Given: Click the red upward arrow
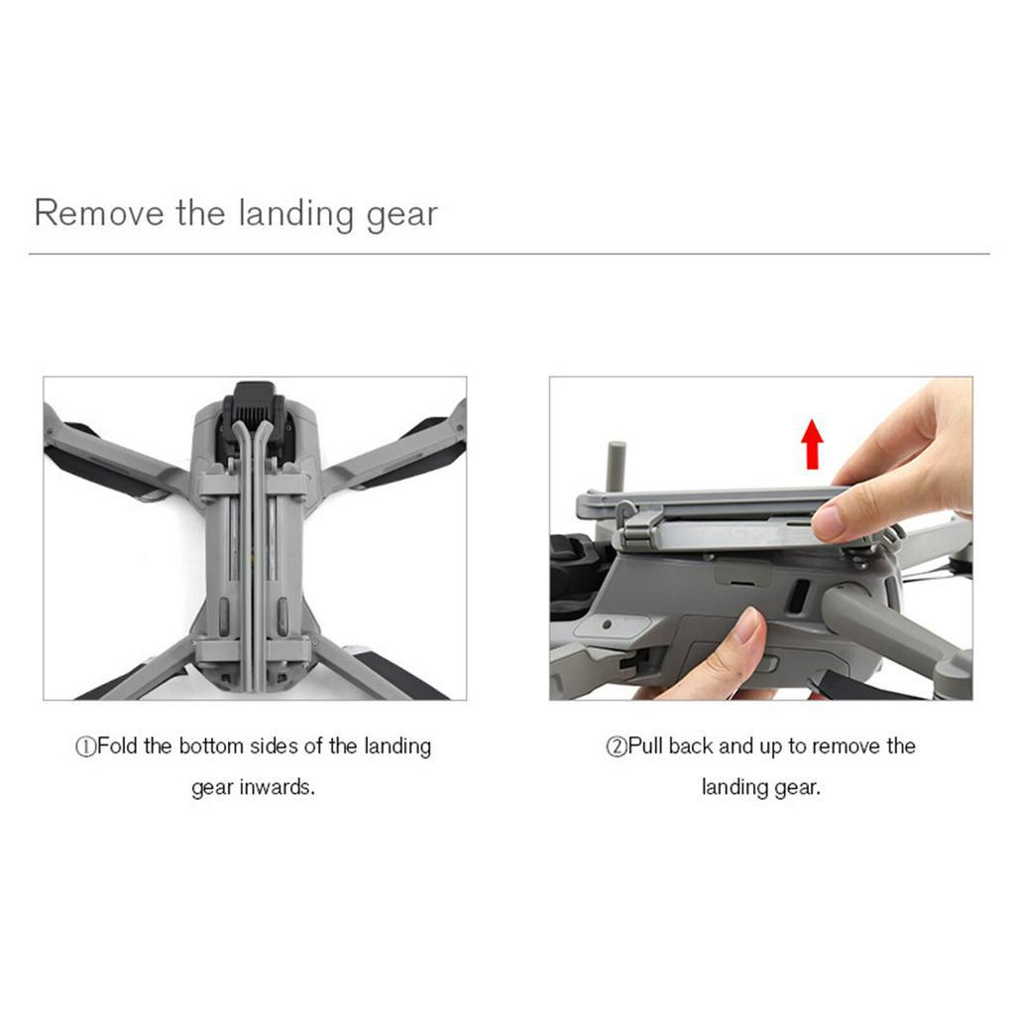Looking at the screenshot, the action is pos(812,444).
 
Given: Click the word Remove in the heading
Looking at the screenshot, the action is pos(99,213).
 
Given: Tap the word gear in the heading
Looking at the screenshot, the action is pos(402,216).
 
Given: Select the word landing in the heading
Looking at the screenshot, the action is pos(296,214).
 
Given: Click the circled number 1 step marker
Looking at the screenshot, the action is pos(85,747).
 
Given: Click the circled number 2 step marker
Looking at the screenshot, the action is pos(617,747).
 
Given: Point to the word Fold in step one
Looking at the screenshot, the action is pos(117,745).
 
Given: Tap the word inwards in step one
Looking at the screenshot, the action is pos(278,787).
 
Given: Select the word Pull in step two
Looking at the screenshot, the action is pos(645,745).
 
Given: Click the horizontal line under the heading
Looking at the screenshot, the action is pos(508,254).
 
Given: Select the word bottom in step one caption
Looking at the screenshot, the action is pos(210,745).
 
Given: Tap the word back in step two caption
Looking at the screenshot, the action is pos(691,745).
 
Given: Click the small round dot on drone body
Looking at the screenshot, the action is pos(607,624).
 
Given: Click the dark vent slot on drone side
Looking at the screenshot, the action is pos(799,595).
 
